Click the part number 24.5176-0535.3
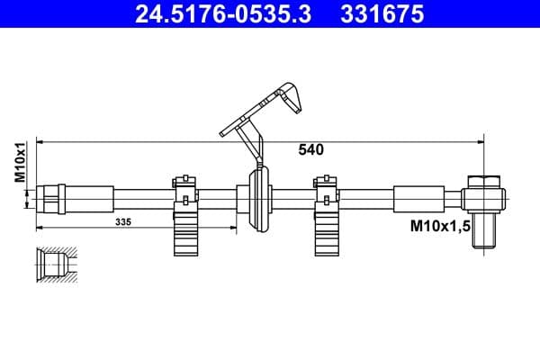click(x=213, y=14)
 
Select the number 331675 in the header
click(x=381, y=14)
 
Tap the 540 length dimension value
click(x=310, y=150)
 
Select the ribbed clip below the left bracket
click(x=185, y=237)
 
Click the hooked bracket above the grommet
click(x=261, y=112)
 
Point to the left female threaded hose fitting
click(x=51, y=195)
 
